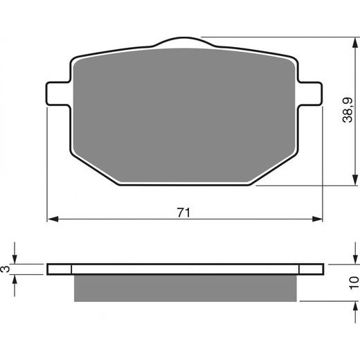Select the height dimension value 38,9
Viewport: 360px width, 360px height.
click(x=353, y=109)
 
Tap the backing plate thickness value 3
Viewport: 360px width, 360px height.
click(x=8, y=269)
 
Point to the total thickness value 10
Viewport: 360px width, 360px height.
click(x=354, y=282)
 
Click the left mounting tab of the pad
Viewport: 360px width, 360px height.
click(x=57, y=93)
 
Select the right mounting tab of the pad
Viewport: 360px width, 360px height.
click(x=313, y=93)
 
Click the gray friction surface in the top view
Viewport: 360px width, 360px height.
click(x=184, y=111)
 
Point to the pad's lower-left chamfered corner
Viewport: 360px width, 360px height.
click(x=93, y=166)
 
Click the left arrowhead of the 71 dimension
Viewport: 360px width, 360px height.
click(x=51, y=221)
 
